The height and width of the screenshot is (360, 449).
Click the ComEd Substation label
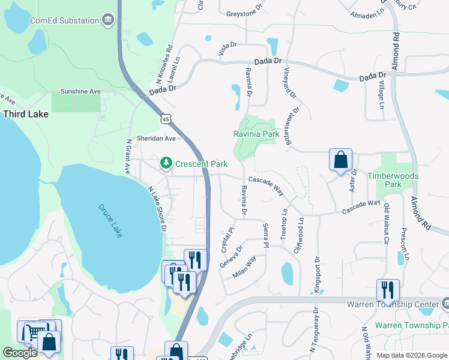click(x=64, y=20)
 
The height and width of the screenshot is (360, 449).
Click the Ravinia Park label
click(x=256, y=134)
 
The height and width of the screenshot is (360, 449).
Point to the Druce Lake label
click(x=110, y=221)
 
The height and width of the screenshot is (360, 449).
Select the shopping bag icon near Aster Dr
click(x=340, y=160)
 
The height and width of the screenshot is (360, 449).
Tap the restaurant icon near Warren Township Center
click(x=388, y=290)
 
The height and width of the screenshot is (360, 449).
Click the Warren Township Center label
click(x=397, y=304)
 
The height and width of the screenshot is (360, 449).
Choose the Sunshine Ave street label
click(x=80, y=92)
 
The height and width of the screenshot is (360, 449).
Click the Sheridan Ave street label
click(x=156, y=138)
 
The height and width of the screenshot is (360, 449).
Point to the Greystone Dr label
click(x=244, y=11)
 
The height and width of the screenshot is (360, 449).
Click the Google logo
click(x=20, y=353)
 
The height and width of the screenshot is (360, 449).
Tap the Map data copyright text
click(x=411, y=355)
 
